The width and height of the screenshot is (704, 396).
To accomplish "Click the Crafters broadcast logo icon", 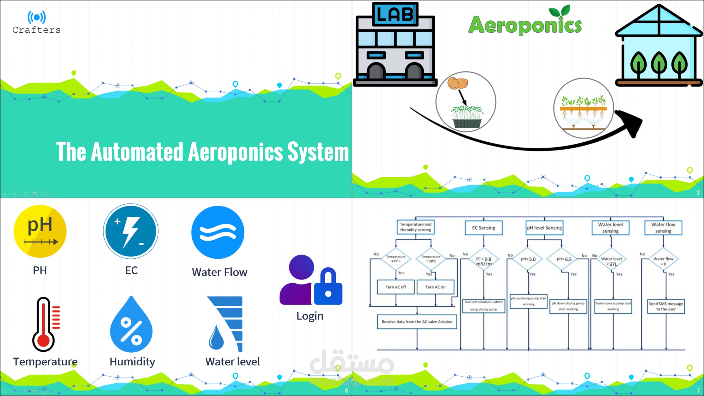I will (37, 17).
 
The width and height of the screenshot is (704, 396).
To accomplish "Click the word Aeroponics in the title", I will (525, 25).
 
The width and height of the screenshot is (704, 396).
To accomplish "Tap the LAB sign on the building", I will (395, 14).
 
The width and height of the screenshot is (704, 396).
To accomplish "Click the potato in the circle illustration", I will (457, 83).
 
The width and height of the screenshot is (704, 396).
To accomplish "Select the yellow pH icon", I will (40, 231).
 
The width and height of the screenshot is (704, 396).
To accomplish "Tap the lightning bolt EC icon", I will (131, 231).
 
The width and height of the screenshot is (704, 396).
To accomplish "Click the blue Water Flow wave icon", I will (218, 233).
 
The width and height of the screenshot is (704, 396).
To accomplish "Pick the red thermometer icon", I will (45, 324).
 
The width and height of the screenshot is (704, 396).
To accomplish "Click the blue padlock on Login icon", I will (328, 287).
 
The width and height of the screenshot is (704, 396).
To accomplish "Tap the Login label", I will (310, 316).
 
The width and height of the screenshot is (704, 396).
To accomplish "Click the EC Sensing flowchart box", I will (484, 228).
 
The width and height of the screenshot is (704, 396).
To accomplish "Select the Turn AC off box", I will (396, 287).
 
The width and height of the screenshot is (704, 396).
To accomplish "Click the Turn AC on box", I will (435, 287).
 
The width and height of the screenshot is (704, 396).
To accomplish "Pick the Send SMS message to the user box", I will (666, 306).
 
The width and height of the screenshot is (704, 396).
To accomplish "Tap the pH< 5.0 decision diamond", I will (528, 259).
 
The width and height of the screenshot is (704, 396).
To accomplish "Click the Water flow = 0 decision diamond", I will (663, 261).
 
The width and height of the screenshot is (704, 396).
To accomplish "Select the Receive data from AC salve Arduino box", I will (417, 322).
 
